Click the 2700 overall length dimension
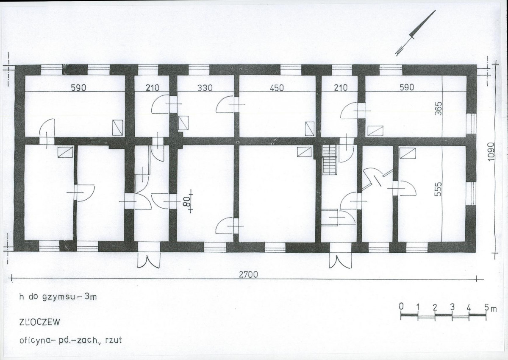[249, 274]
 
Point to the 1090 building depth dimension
[492, 151]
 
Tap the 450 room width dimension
[276, 88]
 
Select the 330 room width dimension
[205, 88]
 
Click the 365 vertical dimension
[438, 109]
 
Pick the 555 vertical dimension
[438, 189]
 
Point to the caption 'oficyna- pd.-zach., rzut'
[70, 340]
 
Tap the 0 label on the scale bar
[401, 307]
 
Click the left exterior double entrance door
[148, 259]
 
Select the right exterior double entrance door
[340, 260]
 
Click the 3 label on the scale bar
[452, 307]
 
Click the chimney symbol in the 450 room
[309, 128]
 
